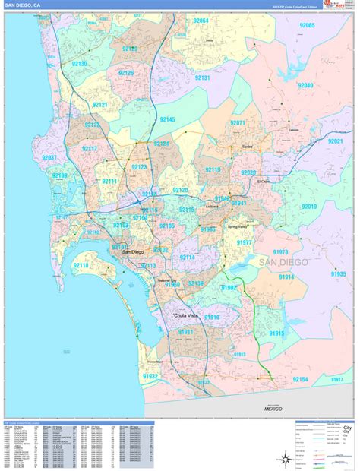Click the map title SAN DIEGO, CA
[x=22, y=5]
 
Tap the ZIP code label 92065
[x=307, y=25]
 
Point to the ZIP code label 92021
[x=335, y=141]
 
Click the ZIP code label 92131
[x=202, y=77]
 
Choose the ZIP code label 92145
[x=167, y=119]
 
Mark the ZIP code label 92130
[x=79, y=63]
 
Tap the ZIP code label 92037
[x=51, y=157]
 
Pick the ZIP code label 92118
[x=81, y=265]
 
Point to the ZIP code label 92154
[x=299, y=378]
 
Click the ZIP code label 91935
[x=338, y=273]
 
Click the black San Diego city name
[x=132, y=251]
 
